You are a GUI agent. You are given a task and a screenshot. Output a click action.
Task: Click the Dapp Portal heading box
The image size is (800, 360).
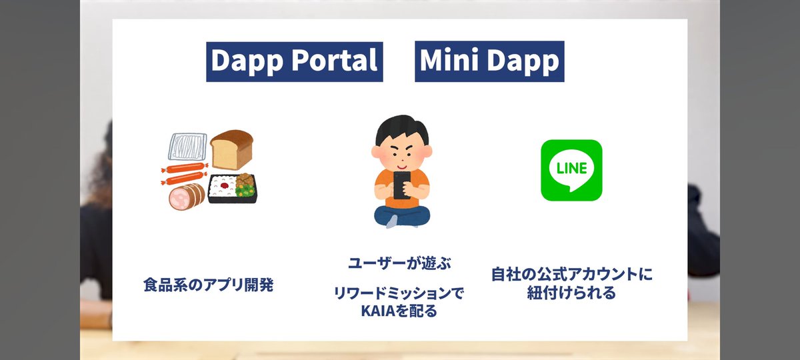click(x=294, y=61)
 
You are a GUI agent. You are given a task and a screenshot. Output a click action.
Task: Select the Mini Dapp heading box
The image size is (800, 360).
click(x=489, y=61)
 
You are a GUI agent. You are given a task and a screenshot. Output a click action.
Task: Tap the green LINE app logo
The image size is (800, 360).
click(x=571, y=170)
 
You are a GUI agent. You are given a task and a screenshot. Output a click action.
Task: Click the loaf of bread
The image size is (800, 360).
click(x=232, y=149)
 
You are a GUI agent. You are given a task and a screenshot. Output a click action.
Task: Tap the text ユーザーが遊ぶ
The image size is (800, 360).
click(x=400, y=263)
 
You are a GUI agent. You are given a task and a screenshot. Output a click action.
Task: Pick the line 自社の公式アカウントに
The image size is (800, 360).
click(x=572, y=274)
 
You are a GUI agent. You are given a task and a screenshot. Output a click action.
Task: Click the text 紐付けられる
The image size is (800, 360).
click(x=571, y=293)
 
